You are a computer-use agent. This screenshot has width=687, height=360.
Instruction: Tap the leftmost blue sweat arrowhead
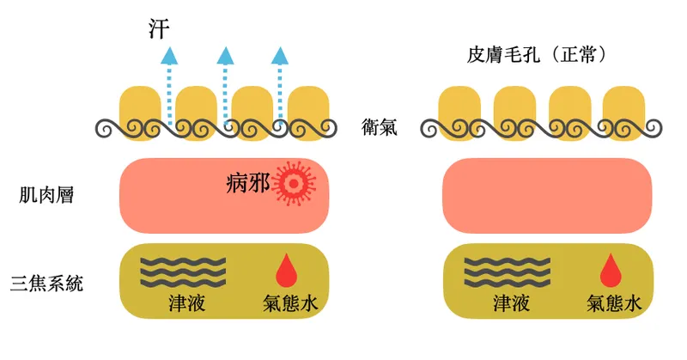(170, 56)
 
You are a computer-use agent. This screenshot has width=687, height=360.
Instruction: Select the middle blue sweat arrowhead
(225, 56)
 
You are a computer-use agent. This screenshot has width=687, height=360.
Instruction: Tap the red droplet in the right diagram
(609, 270)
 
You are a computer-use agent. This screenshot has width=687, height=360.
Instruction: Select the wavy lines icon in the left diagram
(184, 271)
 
